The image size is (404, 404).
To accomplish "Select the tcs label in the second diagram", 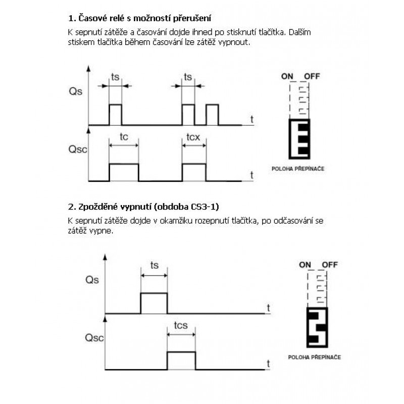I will (181, 326).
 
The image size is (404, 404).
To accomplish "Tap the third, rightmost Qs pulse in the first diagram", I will (212, 114).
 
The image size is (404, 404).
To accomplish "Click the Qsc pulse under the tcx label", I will (194, 172).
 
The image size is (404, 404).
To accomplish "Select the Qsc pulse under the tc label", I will (124, 172).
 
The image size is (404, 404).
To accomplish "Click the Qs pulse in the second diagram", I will (154, 302).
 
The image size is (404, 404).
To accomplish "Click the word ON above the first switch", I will (287, 76).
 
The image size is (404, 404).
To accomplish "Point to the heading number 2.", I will (71, 208).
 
